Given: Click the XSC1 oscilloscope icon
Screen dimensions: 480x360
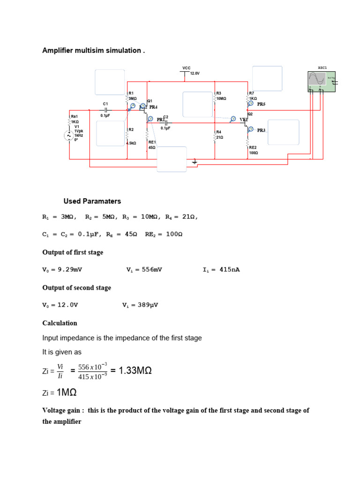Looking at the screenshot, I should point(322,81).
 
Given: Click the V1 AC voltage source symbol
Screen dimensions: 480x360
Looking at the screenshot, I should point(68,135).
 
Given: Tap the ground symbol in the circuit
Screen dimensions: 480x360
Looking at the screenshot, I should point(195,162).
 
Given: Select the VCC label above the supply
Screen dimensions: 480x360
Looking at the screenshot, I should point(186,68).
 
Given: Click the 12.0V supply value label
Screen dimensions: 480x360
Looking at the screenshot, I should point(195,74).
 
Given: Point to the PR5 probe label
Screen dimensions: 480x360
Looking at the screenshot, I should point(261,104).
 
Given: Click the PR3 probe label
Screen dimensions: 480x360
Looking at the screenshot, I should point(261,130).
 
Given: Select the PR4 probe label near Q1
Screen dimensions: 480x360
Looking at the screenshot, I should point(153,107).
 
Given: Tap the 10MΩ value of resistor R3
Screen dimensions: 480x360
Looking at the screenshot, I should point(221,99).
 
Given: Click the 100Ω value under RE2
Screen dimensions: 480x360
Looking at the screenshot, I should point(254,153).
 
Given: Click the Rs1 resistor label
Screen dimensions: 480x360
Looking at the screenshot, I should point(75,116).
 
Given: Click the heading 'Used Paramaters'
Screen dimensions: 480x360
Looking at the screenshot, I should point(92,201).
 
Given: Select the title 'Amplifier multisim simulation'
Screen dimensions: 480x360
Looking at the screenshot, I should point(93,50).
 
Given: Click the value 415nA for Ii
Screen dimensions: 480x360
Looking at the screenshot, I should point(229,270).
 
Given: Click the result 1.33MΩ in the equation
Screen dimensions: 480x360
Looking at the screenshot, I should point(135,371).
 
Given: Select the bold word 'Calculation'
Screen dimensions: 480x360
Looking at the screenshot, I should point(60,323).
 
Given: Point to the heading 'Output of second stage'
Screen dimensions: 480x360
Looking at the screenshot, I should point(76,287).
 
